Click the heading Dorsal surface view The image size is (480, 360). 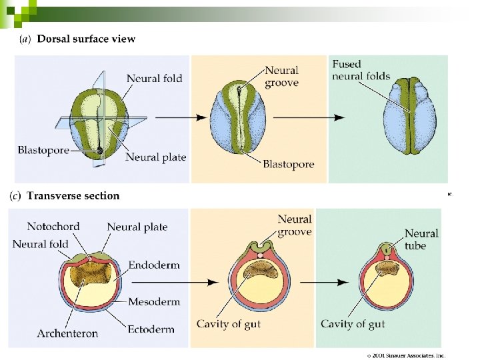pos(86,39)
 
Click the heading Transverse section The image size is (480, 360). pos(73,196)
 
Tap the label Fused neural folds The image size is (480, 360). pos(361,70)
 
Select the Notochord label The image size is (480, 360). pos(53,227)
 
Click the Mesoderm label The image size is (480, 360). pos(153,301)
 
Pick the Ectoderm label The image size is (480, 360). pos(151,329)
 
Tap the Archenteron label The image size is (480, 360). pos(67,333)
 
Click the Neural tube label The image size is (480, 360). pos(421,239)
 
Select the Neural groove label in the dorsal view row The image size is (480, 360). pos(281,77)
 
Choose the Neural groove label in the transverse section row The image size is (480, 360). pos(294,225)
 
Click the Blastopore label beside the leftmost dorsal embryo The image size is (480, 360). pos(43,151)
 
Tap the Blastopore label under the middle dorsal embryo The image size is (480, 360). pos(288,164)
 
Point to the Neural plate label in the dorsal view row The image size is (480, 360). pos(155,157)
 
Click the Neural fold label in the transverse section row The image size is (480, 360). pos(40,244)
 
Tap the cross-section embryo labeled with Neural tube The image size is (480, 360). pos(385,282)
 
